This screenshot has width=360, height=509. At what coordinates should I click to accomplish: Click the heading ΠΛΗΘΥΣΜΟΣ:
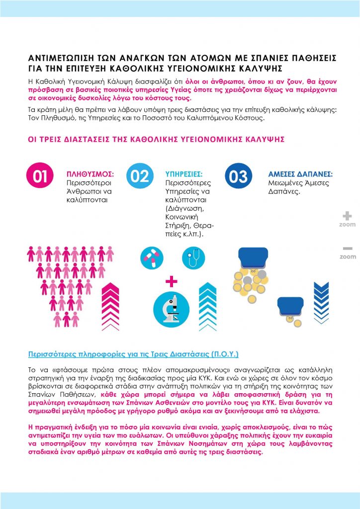[90, 174]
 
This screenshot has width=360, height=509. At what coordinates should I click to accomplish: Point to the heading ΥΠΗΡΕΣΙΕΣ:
[183, 174]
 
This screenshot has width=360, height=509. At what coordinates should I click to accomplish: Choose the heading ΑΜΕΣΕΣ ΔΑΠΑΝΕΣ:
[300, 174]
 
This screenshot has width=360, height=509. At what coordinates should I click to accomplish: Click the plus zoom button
[348, 216]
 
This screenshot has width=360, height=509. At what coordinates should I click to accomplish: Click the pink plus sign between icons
[172, 282]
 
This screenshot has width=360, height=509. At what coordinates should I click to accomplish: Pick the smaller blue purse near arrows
[290, 306]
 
